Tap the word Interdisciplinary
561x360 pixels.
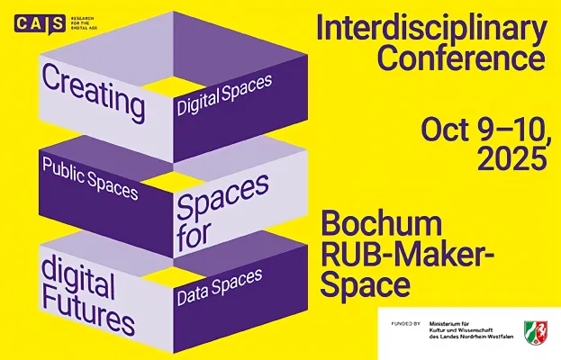[430, 30]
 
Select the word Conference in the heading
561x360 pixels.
[460, 58]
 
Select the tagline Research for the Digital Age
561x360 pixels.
[86, 23]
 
